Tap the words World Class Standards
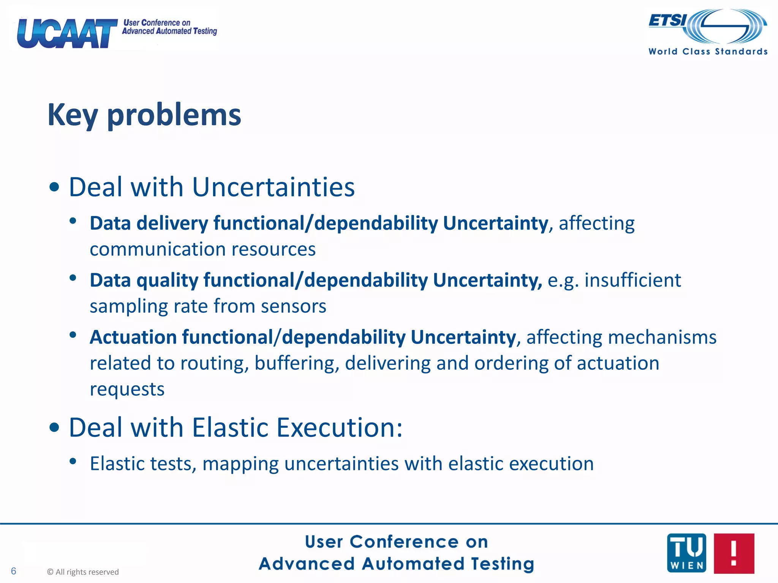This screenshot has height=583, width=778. pyautogui.click(x=708, y=52)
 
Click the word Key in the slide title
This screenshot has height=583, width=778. pyautogui.click(x=73, y=115)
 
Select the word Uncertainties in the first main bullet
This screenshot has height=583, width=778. pyautogui.click(x=273, y=187)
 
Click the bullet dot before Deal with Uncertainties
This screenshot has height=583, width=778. pyautogui.click(x=54, y=187)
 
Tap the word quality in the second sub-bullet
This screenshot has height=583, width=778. pyautogui.click(x=167, y=280)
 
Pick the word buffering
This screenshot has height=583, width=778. pyautogui.click(x=297, y=363)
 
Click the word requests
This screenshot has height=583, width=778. pyautogui.click(x=127, y=389)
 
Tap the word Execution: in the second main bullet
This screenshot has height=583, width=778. pyautogui.click(x=339, y=428)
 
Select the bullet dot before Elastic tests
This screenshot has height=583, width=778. pyautogui.click(x=73, y=462)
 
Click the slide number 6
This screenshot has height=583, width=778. pyautogui.click(x=14, y=571)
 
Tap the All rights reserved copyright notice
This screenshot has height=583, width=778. pyautogui.click(x=83, y=572)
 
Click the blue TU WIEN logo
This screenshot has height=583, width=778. pyautogui.click(x=686, y=553)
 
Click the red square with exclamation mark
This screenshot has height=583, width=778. pyautogui.click(x=734, y=553)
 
